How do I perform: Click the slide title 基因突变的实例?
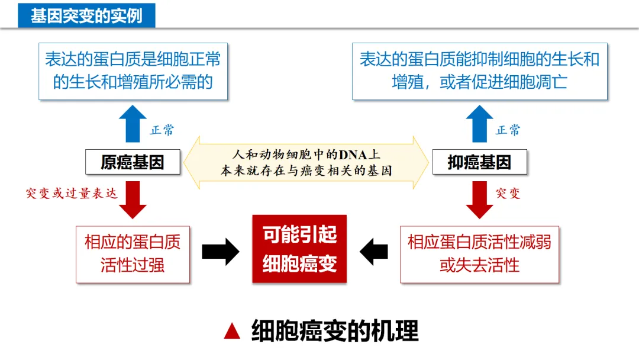click(x=86, y=15)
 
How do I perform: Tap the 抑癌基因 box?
click(x=479, y=162)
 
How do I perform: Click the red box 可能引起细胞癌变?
click(x=299, y=249)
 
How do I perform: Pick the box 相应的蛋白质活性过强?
click(x=133, y=254)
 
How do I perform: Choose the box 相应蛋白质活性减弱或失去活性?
click(x=479, y=254)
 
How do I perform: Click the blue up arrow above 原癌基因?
click(x=133, y=123)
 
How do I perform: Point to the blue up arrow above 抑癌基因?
click(x=479, y=123)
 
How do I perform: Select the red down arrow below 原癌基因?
click(x=133, y=200)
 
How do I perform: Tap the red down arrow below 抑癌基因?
click(x=479, y=200)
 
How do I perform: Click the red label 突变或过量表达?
click(x=72, y=194)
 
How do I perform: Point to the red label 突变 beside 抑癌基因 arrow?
click(x=508, y=194)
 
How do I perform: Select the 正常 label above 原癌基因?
click(x=162, y=130)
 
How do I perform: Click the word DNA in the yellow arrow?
click(x=353, y=155)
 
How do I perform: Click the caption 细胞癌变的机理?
click(x=334, y=331)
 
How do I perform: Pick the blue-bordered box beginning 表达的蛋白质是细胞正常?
click(x=133, y=70)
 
